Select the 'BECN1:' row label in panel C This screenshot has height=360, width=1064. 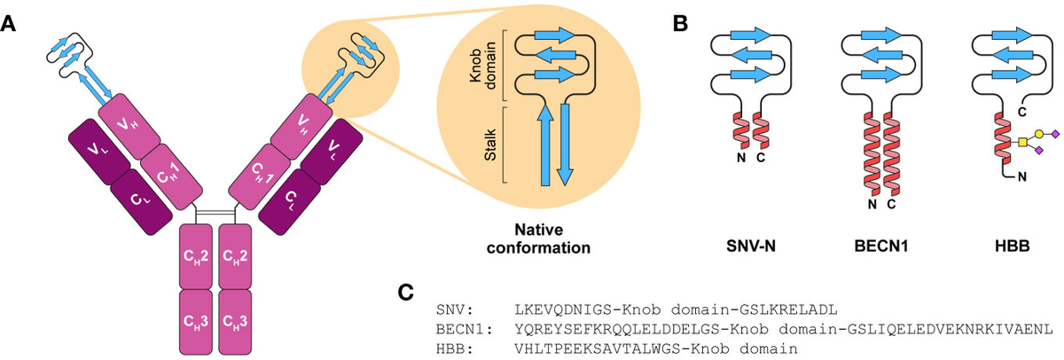(x=461, y=329)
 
